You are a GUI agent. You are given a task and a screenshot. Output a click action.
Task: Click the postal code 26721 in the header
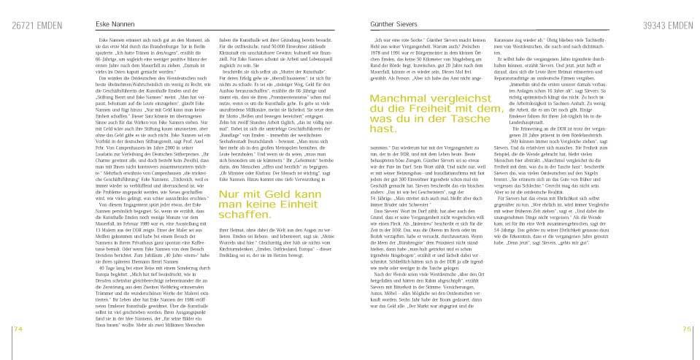(23, 26)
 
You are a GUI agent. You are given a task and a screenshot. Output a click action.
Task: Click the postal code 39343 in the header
(653, 26)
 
